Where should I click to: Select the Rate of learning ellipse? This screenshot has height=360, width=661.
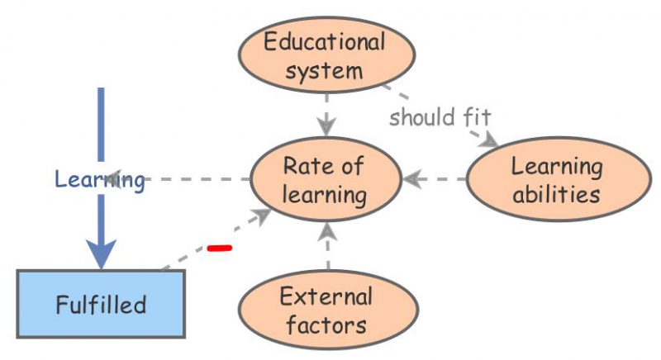tap(324, 179)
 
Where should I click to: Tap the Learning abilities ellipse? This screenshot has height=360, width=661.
tap(556, 179)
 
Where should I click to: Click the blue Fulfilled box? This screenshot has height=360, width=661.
tap(101, 304)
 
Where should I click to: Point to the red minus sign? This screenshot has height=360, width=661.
tap(219, 247)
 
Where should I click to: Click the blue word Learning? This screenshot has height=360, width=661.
tap(100, 179)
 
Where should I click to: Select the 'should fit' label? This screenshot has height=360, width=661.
tap(434, 116)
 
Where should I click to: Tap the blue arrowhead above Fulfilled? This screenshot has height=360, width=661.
tap(101, 253)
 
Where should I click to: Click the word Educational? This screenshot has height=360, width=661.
tap(325, 40)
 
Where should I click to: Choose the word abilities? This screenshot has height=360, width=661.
tap(556, 195)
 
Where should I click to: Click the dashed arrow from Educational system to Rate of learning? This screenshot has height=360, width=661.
tap(327, 111)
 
